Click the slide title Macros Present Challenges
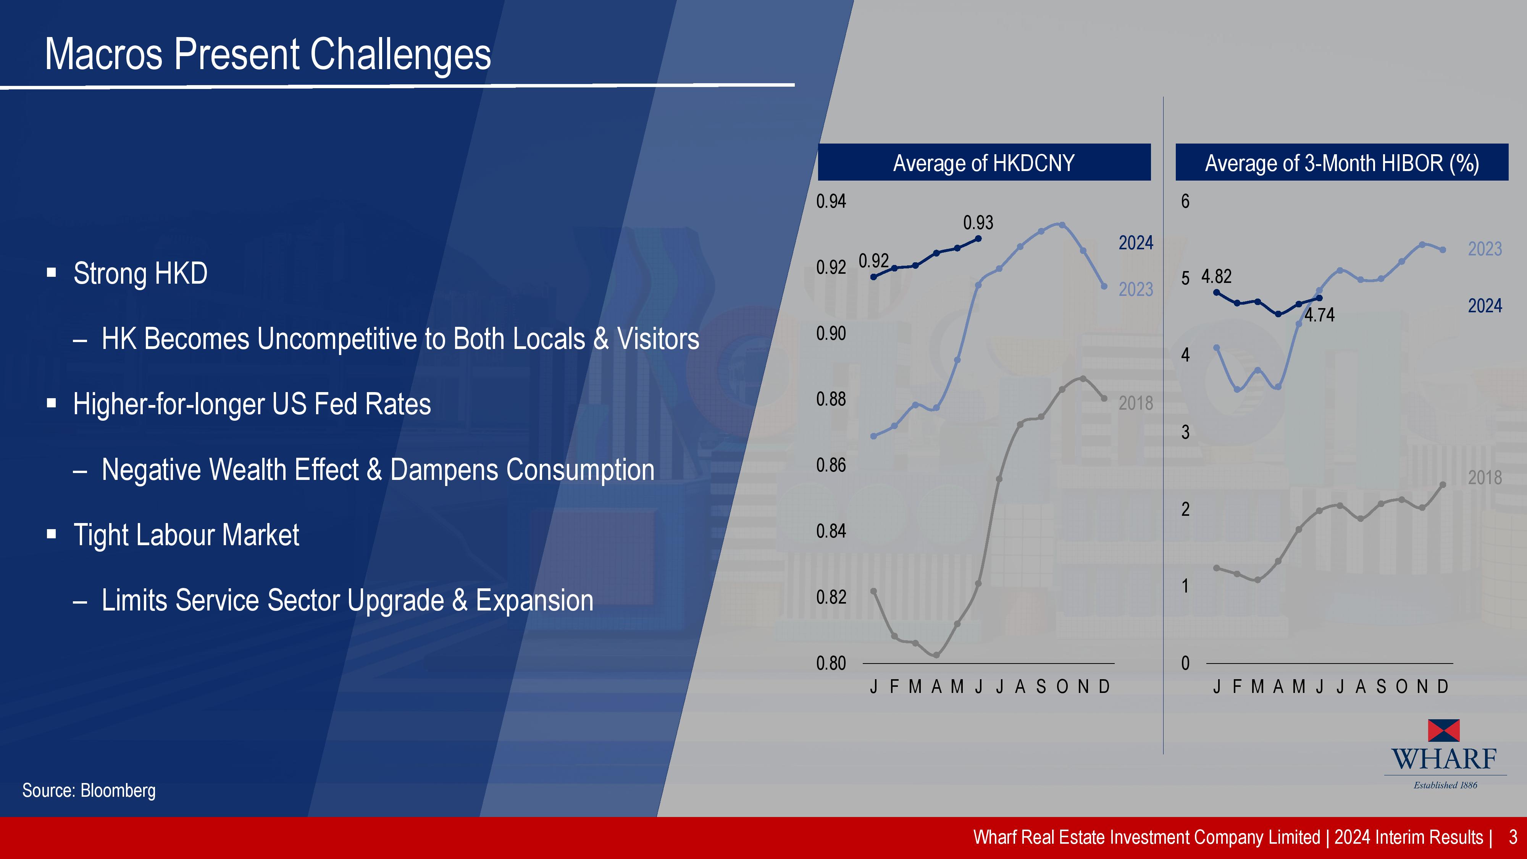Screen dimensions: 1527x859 pyautogui.click(x=268, y=54)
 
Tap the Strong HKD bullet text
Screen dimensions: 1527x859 pyautogui.click(x=140, y=273)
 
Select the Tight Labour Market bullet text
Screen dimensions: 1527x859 pyautogui.click(x=186, y=535)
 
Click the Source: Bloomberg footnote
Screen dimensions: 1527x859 pyautogui.click(x=89, y=790)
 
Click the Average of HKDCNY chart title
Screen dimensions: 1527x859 pyautogui.click(x=984, y=162)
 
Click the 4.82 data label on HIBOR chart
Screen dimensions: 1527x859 pyautogui.click(x=1216, y=276)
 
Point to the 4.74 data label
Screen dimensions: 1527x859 pyautogui.click(x=1320, y=315)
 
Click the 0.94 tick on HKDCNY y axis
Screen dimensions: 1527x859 pyautogui.click(x=831, y=202)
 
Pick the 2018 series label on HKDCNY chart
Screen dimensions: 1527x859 pyautogui.click(x=1136, y=403)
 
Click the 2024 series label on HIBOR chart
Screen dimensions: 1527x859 pyautogui.click(x=1485, y=306)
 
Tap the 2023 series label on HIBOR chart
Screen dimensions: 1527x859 pyautogui.click(x=1485, y=249)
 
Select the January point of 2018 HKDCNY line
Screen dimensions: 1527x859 pyautogui.click(x=873, y=591)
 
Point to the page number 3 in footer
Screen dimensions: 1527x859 pyautogui.click(x=1513, y=837)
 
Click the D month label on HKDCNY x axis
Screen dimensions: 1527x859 pyautogui.click(x=1104, y=686)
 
